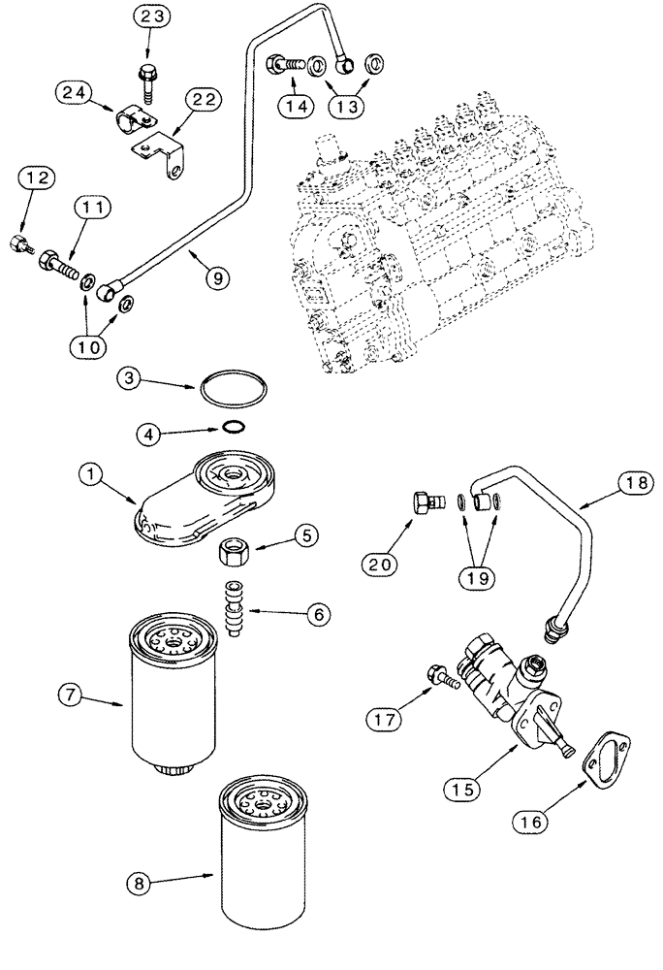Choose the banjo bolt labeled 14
point(280,64)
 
